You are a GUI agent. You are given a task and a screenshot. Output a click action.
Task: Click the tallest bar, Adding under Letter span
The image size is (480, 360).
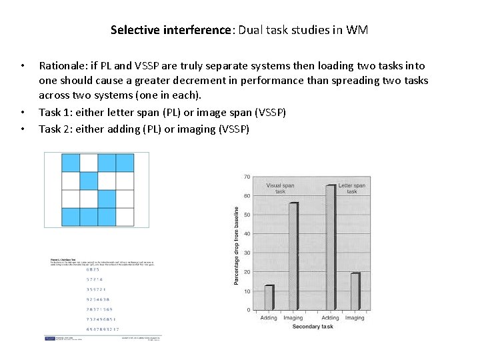click(x=331, y=247)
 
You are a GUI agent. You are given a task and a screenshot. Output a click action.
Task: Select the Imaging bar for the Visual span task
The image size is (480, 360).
click(x=294, y=257)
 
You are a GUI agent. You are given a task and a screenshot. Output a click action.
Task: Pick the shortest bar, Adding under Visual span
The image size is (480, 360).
click(x=269, y=297)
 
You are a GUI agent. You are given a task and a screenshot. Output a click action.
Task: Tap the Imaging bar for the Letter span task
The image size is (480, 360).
click(x=355, y=291)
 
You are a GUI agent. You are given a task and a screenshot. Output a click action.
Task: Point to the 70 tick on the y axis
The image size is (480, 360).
click(x=247, y=177)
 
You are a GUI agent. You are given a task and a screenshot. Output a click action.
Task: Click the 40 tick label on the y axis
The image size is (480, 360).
click(x=247, y=234)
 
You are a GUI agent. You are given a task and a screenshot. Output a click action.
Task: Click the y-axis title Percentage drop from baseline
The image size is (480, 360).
click(x=235, y=245)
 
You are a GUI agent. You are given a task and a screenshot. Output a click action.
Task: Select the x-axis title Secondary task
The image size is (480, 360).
click(x=312, y=327)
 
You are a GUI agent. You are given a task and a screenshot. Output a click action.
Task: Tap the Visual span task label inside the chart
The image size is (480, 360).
click(x=280, y=188)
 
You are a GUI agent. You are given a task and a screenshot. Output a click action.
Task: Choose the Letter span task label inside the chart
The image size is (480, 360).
click(x=351, y=188)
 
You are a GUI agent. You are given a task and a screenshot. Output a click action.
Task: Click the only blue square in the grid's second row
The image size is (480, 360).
click(x=89, y=181)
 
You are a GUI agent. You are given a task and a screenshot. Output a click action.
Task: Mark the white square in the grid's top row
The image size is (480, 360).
click(x=89, y=163)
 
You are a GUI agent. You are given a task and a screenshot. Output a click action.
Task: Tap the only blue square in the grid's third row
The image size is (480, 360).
click(x=107, y=199)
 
